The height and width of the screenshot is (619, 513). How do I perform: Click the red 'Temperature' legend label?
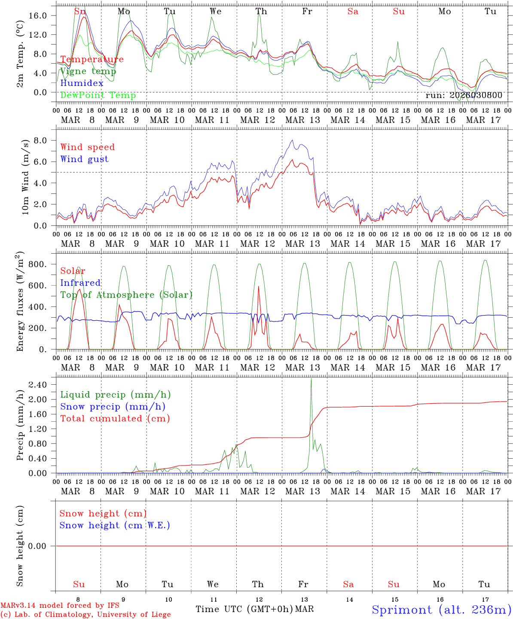[92, 59]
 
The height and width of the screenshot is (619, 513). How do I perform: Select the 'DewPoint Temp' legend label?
[98, 95]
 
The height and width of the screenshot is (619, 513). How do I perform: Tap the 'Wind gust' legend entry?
[84, 159]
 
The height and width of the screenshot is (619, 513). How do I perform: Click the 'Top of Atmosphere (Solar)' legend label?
[126, 295]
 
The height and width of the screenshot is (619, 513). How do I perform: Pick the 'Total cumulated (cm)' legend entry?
[115, 419]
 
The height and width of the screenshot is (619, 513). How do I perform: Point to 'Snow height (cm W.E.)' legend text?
[115, 525]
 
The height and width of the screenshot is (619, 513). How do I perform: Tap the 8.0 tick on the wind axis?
[46, 140]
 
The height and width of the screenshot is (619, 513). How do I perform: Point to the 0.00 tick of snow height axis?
[43, 546]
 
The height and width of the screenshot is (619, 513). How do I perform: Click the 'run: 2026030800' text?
[464, 95]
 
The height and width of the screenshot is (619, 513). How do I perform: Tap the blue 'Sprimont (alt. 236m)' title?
[441, 610]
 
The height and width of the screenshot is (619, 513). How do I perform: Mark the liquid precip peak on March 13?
[311, 378]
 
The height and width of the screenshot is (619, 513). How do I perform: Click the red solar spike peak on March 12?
[258, 286]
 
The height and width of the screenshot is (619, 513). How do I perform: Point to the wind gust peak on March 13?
[292, 140]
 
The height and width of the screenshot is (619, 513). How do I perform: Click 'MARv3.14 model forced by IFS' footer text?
[60, 606]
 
